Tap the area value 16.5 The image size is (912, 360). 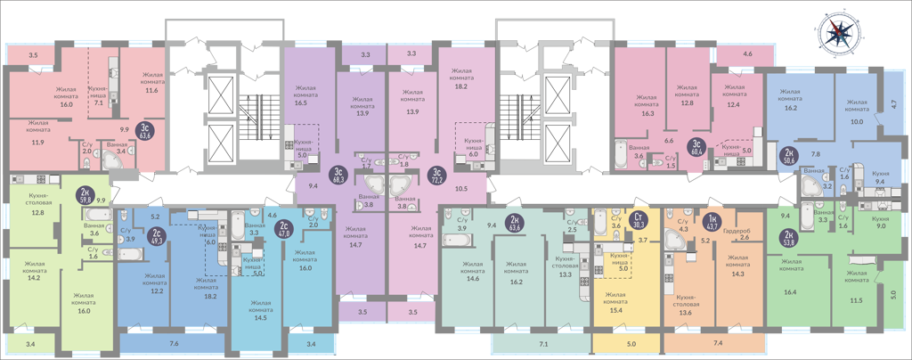click(300, 103)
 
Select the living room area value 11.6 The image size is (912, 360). click(151, 90)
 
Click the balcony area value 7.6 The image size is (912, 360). click(174, 343)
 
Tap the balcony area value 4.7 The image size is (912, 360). click(893, 104)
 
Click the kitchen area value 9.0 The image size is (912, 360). click(881, 226)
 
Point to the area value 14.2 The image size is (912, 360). click(35, 277)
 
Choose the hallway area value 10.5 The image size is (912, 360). click(461, 188)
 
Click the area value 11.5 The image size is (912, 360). click(856, 300)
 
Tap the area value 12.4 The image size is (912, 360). click(733, 105)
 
